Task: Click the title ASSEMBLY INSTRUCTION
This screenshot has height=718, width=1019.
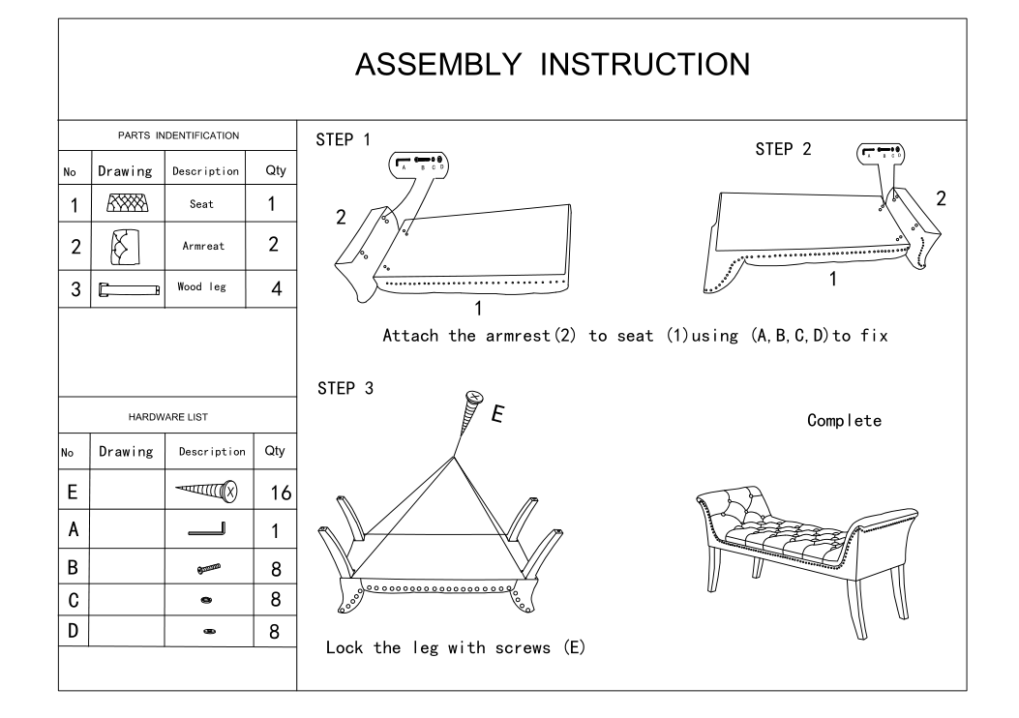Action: click(552, 65)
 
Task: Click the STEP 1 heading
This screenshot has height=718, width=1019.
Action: click(343, 140)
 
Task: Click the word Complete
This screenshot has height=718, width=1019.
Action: click(844, 421)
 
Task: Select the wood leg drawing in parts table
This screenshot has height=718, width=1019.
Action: click(128, 288)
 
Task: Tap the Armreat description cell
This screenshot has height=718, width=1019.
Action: click(203, 246)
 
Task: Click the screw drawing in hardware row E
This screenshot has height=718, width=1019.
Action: click(204, 493)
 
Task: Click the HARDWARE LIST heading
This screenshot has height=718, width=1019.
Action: click(177, 417)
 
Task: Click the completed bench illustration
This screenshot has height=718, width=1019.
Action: click(806, 552)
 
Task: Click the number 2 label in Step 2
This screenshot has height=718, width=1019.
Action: click(940, 199)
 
